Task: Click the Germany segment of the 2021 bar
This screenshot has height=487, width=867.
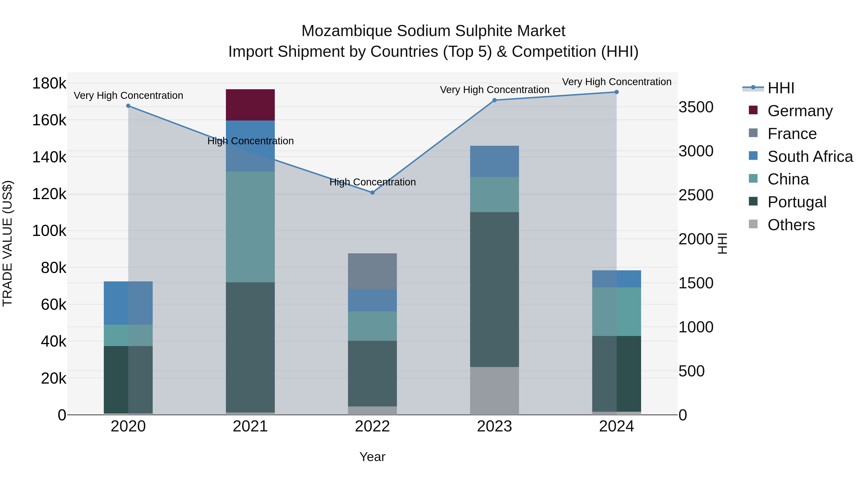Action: pyautogui.click(x=250, y=105)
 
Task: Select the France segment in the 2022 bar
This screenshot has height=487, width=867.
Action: pyautogui.click(x=372, y=271)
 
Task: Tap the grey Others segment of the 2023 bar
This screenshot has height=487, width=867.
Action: pyautogui.click(x=494, y=391)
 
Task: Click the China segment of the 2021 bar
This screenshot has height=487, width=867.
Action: pyautogui.click(x=250, y=227)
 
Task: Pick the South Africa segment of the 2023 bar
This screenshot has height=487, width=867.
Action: pyautogui.click(x=494, y=161)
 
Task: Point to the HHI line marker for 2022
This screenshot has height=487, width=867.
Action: pyautogui.click(x=372, y=193)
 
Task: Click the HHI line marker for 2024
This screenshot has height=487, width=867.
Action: pyautogui.click(x=617, y=92)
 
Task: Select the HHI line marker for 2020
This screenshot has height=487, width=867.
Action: pyautogui.click(x=128, y=106)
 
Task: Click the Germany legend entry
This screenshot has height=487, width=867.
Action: pyautogui.click(x=800, y=111)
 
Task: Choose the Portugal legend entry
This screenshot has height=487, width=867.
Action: pyautogui.click(x=796, y=202)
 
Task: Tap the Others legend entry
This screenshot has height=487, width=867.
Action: pyautogui.click(x=791, y=225)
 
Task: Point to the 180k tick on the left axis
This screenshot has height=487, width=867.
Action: pyautogui.click(x=49, y=83)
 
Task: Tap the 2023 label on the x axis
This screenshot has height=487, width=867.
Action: pyautogui.click(x=494, y=426)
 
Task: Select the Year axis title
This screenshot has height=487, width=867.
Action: pyautogui.click(x=372, y=457)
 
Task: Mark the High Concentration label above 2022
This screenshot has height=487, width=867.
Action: pyautogui.click(x=373, y=182)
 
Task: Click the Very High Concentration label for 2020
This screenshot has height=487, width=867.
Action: pyautogui.click(x=128, y=95)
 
